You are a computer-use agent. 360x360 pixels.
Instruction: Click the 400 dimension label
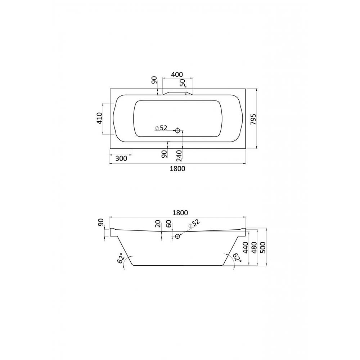(177, 75)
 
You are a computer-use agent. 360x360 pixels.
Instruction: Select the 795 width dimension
(253, 119)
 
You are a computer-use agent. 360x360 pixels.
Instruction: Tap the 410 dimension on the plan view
(99, 118)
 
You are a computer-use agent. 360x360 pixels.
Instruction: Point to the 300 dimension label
(121, 158)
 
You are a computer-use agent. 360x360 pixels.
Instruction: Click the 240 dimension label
(179, 156)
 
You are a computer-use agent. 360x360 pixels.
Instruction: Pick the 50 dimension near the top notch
(182, 83)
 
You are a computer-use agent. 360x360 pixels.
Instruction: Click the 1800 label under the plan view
(177, 168)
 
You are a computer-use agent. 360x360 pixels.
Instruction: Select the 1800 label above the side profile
(180, 213)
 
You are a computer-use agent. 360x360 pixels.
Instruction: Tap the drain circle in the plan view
(177, 131)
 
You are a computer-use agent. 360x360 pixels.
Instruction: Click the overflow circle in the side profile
(177, 236)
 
